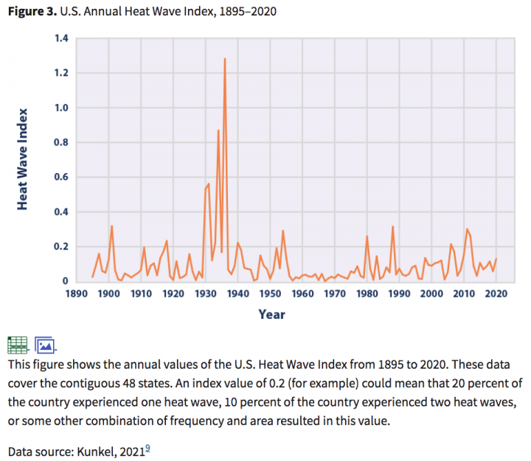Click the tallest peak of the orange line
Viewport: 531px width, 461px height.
(224, 59)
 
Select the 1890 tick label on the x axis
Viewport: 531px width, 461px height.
(77, 293)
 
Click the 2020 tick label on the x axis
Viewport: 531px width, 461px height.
(496, 293)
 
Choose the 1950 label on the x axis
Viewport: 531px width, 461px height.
(270, 293)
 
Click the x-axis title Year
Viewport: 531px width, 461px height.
(271, 314)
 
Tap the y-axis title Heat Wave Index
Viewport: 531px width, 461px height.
(23, 158)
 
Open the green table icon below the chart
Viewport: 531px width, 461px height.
(18, 344)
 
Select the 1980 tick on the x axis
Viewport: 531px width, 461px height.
(367, 293)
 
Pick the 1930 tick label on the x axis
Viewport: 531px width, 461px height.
(206, 293)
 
